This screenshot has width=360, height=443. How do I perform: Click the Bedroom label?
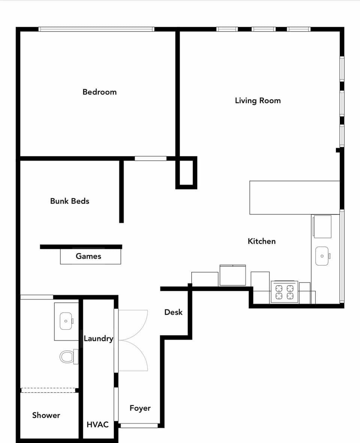pos(99,92)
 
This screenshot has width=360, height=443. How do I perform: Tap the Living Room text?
pos(258,100)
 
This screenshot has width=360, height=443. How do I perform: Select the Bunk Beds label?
pos(70,201)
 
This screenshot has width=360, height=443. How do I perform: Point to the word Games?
pos(88,256)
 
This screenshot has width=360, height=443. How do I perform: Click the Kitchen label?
pos(262,241)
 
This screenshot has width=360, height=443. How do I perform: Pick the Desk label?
pos(174,312)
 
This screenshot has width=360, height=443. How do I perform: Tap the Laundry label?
pos(98,338)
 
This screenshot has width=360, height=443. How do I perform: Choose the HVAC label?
pos(97,424)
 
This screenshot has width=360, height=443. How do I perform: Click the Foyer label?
pos(140,408)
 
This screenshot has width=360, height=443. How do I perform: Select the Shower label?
pos(46,415)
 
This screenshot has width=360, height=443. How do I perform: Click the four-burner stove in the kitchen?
pos(284,292)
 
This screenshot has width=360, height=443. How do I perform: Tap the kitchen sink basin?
pos(322,256)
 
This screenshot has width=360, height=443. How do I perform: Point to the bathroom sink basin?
pos(66,321)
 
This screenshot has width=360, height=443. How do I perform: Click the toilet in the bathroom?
pos(68,356)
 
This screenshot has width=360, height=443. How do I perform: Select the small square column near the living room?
pos(186,172)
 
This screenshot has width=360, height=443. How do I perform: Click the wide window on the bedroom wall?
pos(96,29)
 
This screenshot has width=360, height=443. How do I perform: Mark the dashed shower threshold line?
pos(49,390)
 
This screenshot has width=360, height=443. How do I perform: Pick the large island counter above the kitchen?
pos(294,198)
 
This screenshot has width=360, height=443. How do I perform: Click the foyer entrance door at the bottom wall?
pos(139,425)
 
